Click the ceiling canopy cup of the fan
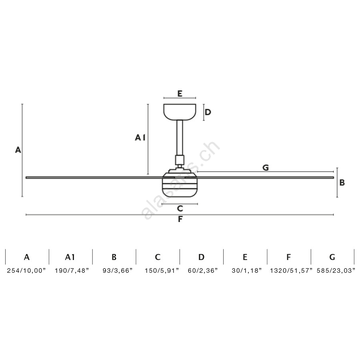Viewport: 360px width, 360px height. click(180, 112)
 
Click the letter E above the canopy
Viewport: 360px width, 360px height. click(180, 94)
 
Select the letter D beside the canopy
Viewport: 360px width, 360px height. click(208, 112)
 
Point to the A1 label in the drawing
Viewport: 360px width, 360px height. click(140, 138)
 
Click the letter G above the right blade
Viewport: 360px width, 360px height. click(266, 168)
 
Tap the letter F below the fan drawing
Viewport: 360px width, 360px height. click(180, 219)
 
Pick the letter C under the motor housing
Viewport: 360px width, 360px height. click(180, 208)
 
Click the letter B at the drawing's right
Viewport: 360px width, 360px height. click(342, 182)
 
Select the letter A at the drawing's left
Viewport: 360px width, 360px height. click(18, 150)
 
